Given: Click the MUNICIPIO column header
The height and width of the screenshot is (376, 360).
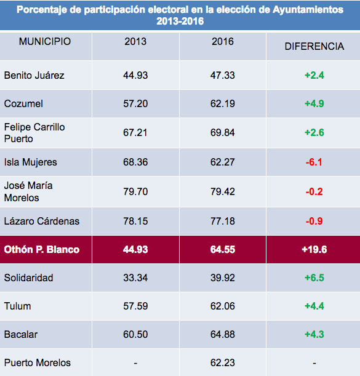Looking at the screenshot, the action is [x=45, y=41].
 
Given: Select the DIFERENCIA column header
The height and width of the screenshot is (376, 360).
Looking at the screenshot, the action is [x=314, y=46].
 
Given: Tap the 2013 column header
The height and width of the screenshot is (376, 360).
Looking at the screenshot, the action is [x=135, y=41].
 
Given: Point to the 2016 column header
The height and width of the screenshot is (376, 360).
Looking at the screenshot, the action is [x=223, y=41].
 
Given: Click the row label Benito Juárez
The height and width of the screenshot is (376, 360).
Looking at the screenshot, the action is [x=34, y=75].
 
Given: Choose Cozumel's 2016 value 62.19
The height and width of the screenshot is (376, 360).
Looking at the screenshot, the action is [x=223, y=103].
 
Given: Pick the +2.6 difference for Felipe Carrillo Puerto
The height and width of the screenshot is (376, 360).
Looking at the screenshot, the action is [x=314, y=132].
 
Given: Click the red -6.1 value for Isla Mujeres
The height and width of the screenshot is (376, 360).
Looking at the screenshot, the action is [x=314, y=162].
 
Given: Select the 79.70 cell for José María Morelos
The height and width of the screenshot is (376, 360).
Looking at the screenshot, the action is [x=135, y=191].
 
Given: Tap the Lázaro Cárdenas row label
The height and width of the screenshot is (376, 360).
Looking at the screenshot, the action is [x=41, y=221].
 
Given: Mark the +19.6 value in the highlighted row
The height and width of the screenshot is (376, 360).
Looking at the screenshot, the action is [x=314, y=249].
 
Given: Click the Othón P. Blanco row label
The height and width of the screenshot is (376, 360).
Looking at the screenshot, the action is [x=41, y=249].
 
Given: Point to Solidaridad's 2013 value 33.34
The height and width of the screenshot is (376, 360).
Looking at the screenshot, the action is [x=135, y=278].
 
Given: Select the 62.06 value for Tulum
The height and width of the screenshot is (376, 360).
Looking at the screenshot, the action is [x=223, y=306].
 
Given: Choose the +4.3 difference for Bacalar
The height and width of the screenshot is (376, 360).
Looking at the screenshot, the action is [x=314, y=334].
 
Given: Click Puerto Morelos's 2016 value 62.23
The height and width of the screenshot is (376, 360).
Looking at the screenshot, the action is [x=223, y=362].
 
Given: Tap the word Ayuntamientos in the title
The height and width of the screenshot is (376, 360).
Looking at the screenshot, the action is [x=308, y=10].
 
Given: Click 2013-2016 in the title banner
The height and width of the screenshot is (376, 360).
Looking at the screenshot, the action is [x=180, y=22].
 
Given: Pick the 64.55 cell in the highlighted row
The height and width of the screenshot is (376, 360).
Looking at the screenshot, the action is [x=223, y=249].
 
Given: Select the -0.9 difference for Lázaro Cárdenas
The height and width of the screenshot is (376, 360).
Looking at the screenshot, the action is [x=314, y=221].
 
